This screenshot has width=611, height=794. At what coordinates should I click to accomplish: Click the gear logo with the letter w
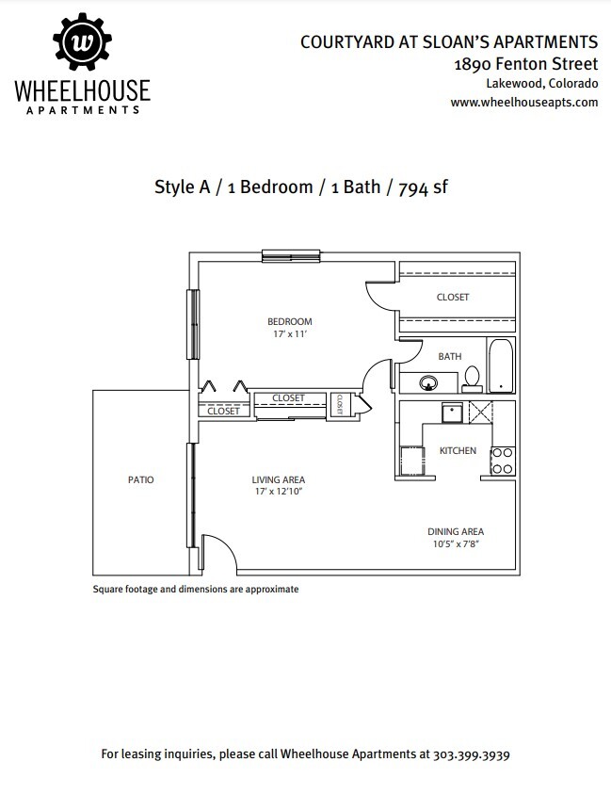[82, 41]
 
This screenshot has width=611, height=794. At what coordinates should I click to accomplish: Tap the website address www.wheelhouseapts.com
[524, 103]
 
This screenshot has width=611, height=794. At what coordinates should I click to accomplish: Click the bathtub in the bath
[501, 365]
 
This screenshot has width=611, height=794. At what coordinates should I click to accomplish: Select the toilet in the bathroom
[472, 380]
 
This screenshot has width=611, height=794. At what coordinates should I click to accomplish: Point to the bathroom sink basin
[428, 382]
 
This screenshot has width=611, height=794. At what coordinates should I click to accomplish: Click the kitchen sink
[452, 413]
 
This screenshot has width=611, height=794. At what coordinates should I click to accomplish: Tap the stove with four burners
[502, 461]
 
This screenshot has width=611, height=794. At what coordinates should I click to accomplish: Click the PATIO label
[140, 479]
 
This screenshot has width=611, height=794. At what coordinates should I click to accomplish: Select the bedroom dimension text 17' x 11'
[290, 334]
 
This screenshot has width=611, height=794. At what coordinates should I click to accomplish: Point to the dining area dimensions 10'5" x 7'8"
[456, 544]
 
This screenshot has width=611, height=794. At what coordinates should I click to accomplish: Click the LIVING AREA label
[279, 479]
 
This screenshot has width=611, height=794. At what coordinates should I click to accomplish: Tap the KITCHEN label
[458, 450]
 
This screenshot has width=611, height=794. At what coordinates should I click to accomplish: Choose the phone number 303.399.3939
[471, 754]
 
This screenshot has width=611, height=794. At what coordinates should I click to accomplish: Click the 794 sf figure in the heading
[423, 187]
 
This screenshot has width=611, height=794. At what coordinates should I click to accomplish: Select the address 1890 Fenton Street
[526, 64]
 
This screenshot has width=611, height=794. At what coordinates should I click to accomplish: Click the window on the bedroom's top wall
[291, 256]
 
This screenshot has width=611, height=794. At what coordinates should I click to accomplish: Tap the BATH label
[449, 356]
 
